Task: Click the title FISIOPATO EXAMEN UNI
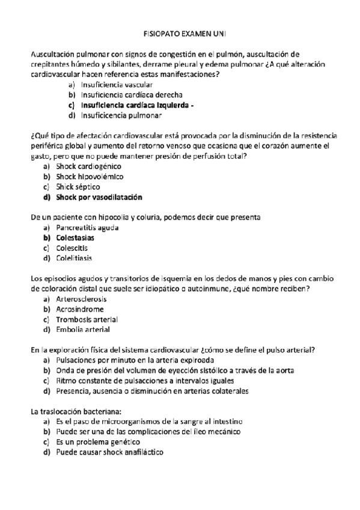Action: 179,34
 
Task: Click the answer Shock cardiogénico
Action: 88,166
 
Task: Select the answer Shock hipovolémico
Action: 90,176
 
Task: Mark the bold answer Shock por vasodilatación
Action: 99,197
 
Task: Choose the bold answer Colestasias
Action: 75,238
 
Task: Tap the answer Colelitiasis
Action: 74,258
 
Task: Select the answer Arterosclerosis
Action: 82,299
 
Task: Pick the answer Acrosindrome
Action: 79,309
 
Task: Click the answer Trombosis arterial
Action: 87,319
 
